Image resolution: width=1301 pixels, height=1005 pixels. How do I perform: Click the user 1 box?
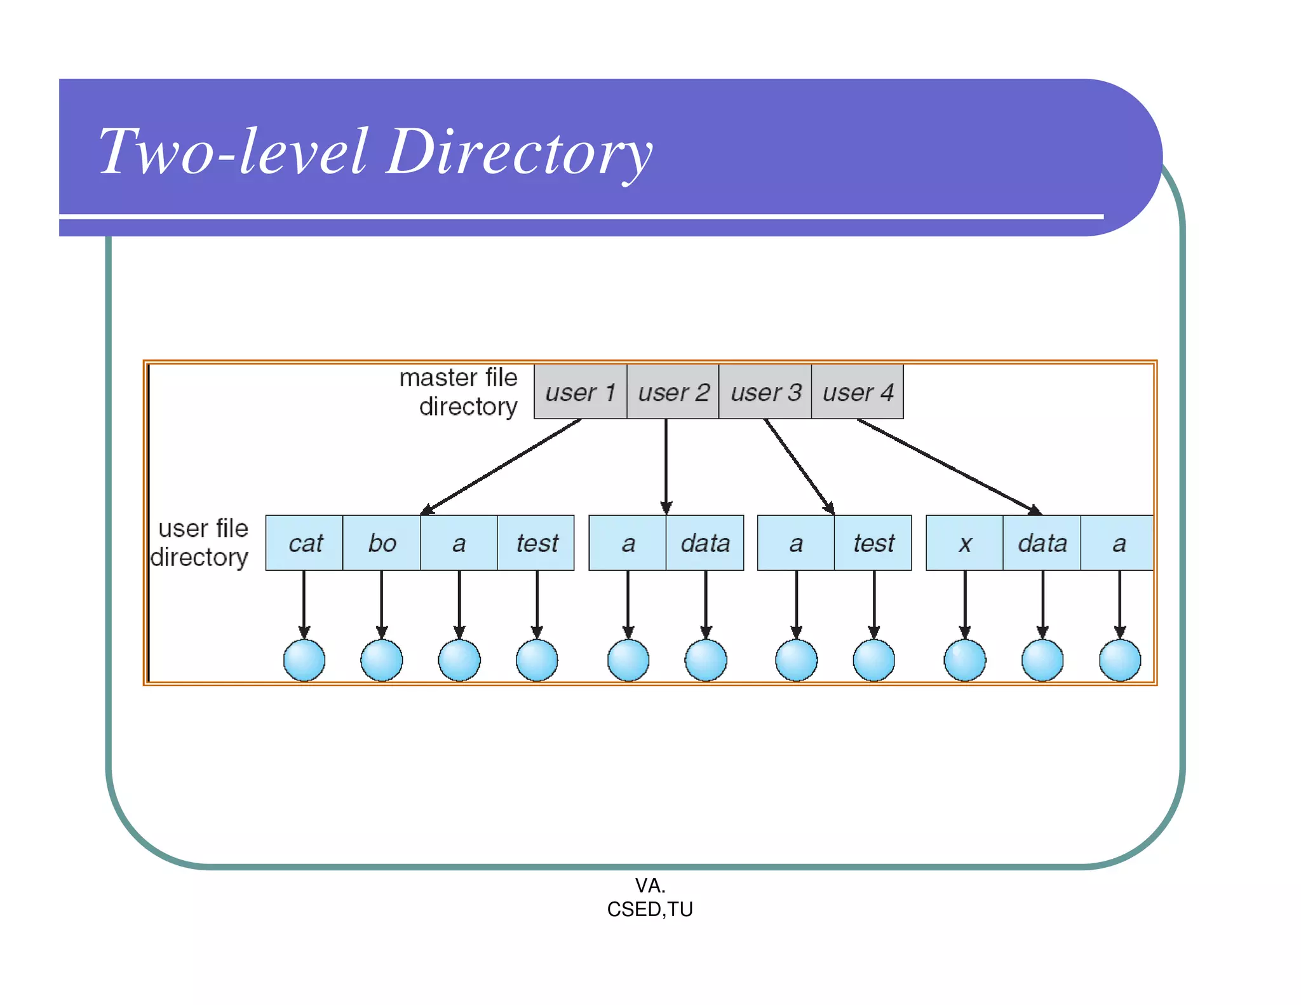pos(580,392)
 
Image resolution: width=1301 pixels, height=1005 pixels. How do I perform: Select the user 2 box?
pos(673,392)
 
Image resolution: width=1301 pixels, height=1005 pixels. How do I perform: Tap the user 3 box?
pos(765,392)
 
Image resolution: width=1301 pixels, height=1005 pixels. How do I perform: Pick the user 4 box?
pos(858,392)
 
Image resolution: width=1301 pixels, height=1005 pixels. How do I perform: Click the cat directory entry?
pos(304,543)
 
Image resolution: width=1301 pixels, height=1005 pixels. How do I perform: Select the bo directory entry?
pos(382,543)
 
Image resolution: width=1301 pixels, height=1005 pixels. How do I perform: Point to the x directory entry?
pos(964,543)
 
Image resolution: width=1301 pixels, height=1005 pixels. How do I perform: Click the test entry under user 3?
pos(873,543)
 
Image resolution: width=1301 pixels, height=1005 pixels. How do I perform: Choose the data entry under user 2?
pos(705,543)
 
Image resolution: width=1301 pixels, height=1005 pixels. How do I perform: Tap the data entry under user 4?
pos(1042,543)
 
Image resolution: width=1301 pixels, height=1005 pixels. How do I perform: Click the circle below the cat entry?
pos(304,660)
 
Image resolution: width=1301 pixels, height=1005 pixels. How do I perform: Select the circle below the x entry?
pos(964,660)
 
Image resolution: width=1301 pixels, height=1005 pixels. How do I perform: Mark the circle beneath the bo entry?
pos(382,660)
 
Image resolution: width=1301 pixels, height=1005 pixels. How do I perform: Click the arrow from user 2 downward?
pos(666,467)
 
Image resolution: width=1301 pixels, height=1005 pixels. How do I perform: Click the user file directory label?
pos(201,543)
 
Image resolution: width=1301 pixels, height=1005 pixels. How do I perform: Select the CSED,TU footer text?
pos(649,909)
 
